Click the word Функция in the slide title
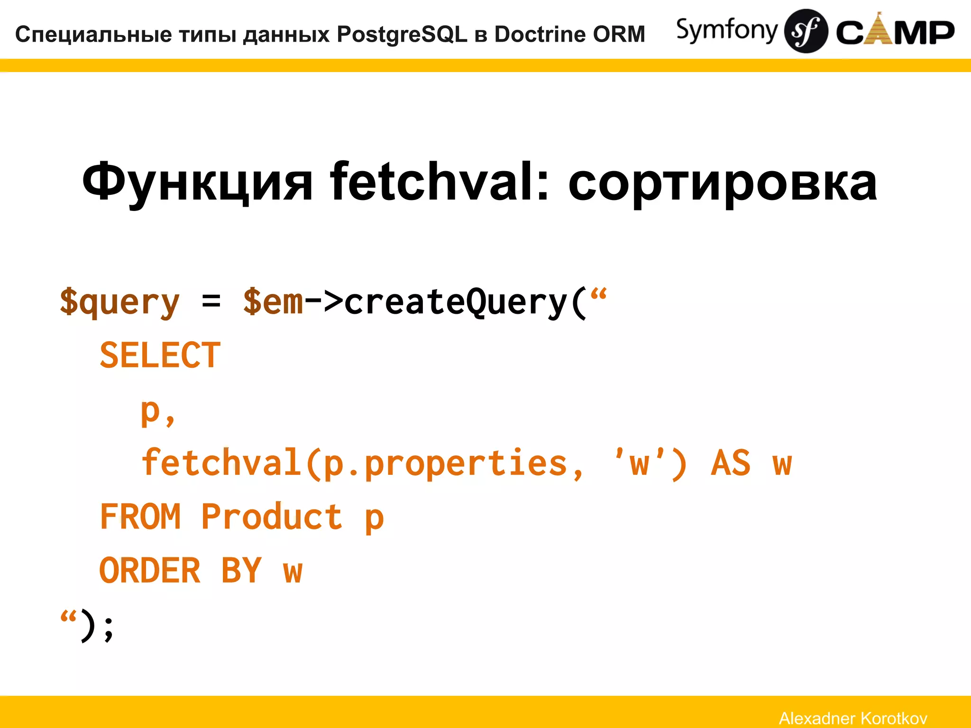[x=197, y=182]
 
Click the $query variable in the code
[x=119, y=302]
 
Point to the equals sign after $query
[x=211, y=301]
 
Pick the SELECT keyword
[x=160, y=355]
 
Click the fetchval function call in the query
[x=221, y=463]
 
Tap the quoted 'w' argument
[x=639, y=463]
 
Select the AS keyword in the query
[x=730, y=463]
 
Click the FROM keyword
[x=140, y=517]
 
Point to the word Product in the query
[x=271, y=517]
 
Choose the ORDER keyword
[x=150, y=571]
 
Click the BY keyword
[x=241, y=571]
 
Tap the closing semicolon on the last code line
[x=109, y=628]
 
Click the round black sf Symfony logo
[x=806, y=31]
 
